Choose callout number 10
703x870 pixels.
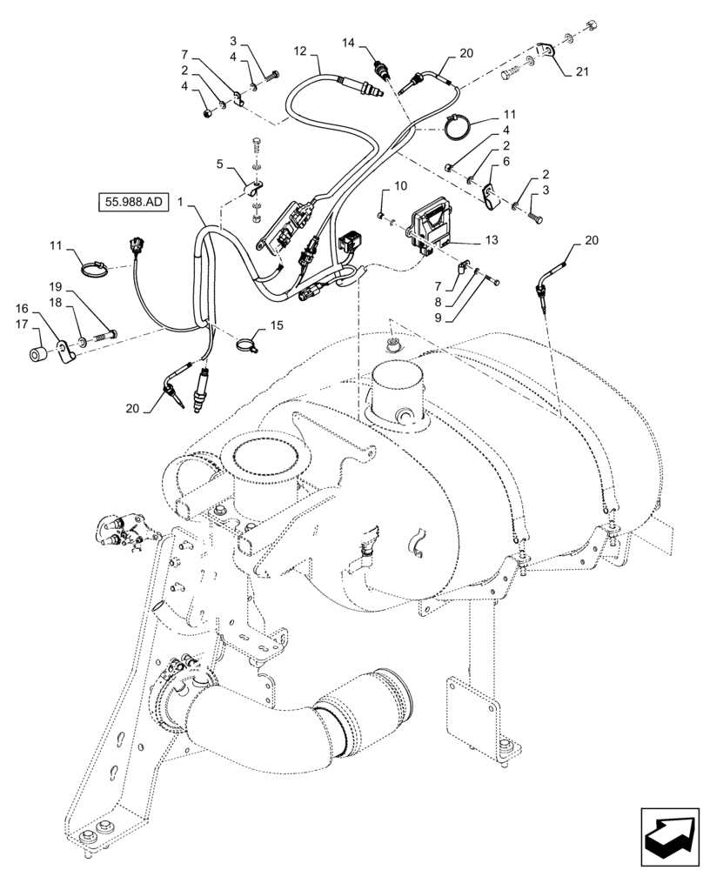point(400,186)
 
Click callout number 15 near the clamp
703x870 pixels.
point(277,325)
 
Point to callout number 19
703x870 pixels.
point(54,286)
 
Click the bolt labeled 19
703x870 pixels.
point(104,334)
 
